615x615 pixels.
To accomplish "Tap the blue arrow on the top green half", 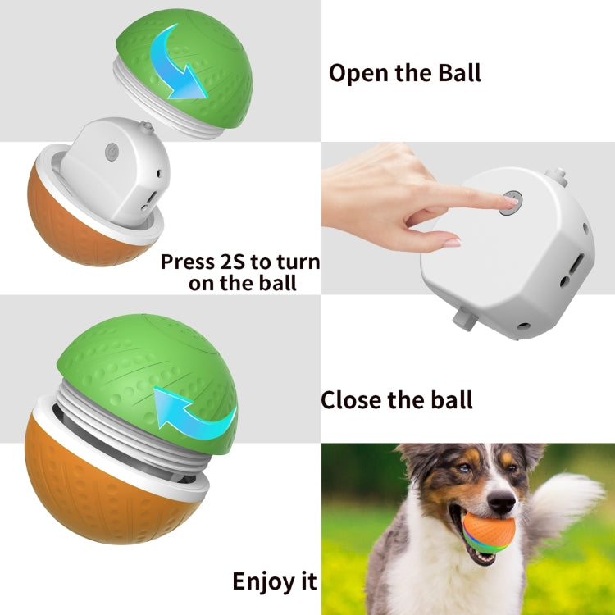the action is tap(175, 65).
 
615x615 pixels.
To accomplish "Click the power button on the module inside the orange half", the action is tap(112, 152).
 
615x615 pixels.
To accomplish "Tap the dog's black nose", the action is tap(501, 502).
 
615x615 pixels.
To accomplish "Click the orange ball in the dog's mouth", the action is tap(489, 533).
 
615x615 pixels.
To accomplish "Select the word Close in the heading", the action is tap(352, 400).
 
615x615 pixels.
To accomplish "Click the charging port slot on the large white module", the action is tap(576, 264).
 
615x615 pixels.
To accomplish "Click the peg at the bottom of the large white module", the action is tap(465, 318).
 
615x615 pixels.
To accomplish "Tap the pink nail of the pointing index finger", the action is tap(511, 200).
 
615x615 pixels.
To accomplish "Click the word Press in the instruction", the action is tap(189, 262).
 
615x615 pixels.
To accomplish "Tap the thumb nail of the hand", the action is tap(452, 244).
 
